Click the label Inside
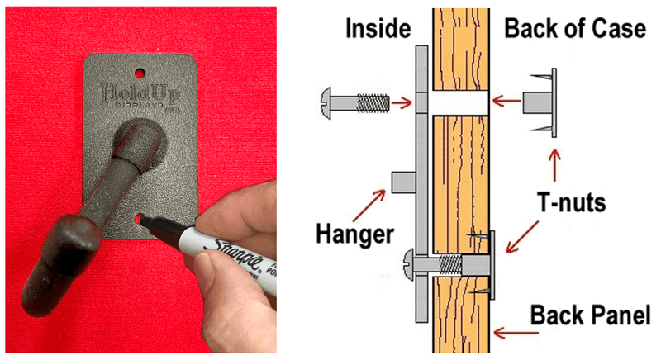(x=377, y=30)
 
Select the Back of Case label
(x=574, y=30)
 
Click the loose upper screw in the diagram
(x=352, y=102)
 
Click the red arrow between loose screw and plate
(x=402, y=102)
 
